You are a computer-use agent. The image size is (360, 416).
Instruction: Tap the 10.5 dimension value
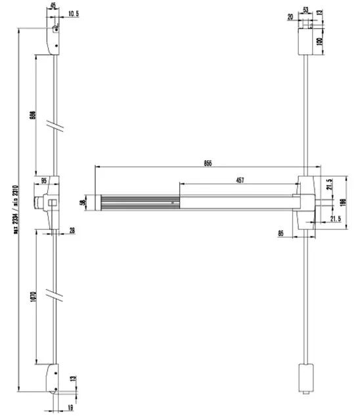point(74,12)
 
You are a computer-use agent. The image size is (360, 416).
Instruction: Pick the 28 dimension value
point(72,229)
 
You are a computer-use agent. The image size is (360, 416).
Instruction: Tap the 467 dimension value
point(240,180)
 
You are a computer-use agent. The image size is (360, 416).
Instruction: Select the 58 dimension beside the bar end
point(82,202)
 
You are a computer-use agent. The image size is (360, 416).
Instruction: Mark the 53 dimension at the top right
point(305,10)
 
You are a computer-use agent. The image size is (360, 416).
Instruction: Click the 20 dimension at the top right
point(290,18)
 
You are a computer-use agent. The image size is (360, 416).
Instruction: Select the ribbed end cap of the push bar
point(99,202)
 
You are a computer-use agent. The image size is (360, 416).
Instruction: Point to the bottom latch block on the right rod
point(304,379)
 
